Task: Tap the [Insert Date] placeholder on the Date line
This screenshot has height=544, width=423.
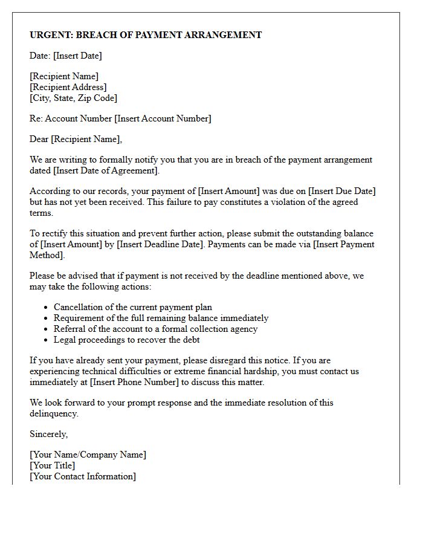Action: tap(77, 56)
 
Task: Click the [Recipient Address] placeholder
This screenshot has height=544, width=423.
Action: tap(68, 87)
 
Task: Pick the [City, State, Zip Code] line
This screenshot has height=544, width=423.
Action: tap(73, 98)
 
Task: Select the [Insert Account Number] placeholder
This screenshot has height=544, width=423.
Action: tap(163, 118)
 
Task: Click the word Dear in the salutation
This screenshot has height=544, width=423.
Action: tap(39, 139)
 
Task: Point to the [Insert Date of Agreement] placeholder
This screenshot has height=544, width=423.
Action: tap(106, 170)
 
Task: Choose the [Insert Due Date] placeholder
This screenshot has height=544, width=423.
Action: tap(341, 191)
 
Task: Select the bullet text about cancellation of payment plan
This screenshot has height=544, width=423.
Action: tap(133, 307)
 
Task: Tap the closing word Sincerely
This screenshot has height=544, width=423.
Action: tap(49, 434)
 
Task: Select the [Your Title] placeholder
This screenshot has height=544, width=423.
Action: tap(53, 465)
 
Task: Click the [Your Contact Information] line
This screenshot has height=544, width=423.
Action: tap(83, 476)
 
